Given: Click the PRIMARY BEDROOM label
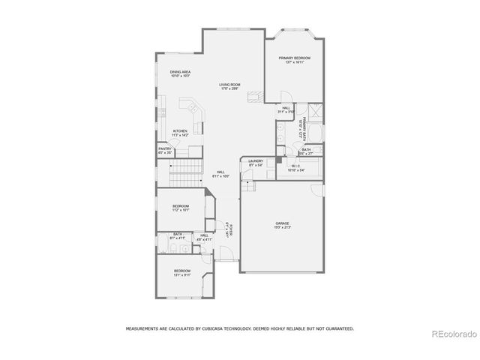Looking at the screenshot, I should coord(295,58).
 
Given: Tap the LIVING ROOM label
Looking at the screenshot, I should coord(229,85).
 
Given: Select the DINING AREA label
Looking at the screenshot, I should coord(180,72).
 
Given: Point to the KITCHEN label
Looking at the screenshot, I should coord(180,130).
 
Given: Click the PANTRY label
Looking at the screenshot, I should coord(165,148).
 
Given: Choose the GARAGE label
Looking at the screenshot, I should coord(282,223).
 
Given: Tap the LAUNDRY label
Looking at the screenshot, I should coord(255,160).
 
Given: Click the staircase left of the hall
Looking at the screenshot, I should coord(187,173).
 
